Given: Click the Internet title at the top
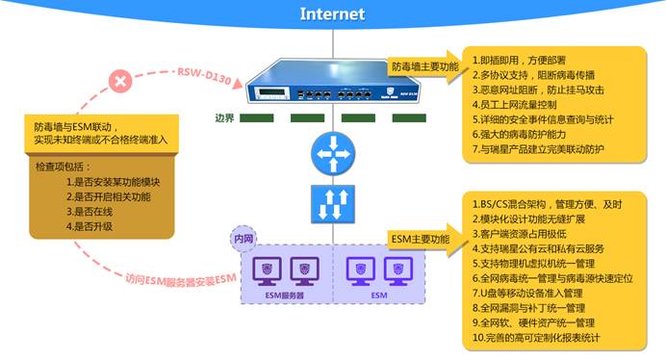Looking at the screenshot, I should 332,13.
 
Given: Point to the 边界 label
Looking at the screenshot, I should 226,118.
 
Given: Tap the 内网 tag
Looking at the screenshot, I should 245,239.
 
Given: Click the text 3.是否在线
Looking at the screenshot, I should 95,211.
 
